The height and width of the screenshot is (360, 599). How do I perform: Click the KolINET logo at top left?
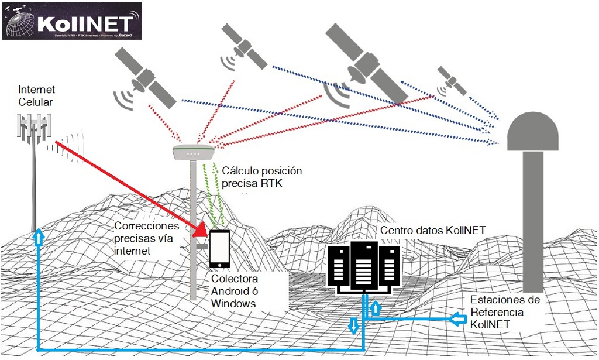pyautogui.click(x=72, y=20)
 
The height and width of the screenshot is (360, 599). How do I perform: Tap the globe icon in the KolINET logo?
pyautogui.click(x=19, y=21)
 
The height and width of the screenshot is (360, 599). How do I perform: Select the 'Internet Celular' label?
pyautogui.click(x=36, y=96)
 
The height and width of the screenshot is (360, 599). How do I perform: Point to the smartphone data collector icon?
pyautogui.click(x=219, y=248)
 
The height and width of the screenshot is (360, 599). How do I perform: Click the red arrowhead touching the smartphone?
pyautogui.click(x=200, y=231)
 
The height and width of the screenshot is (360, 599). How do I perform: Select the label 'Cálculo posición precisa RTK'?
pyautogui.click(x=262, y=176)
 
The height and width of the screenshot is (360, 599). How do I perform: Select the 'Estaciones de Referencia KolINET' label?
pyautogui.click(x=505, y=312)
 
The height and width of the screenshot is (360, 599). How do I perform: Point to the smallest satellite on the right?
pyautogui.click(x=452, y=80)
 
